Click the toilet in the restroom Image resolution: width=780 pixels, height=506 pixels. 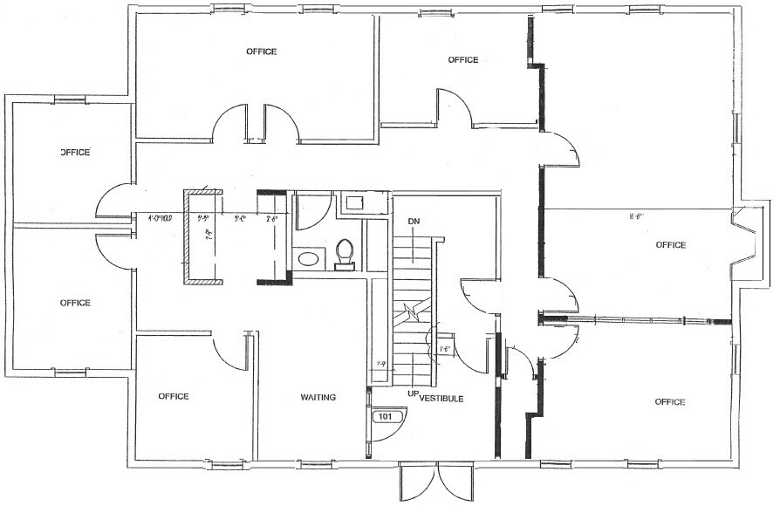(x=346, y=252)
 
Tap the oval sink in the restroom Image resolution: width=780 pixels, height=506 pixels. (x=308, y=258)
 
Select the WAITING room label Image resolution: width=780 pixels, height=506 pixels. (x=318, y=398)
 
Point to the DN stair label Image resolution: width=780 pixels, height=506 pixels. (x=414, y=222)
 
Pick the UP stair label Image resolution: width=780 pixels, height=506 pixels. (x=412, y=394)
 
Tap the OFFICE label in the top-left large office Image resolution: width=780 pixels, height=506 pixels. (x=261, y=51)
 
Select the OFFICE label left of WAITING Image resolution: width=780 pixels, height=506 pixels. (x=174, y=396)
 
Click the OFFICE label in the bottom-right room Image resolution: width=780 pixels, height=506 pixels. (x=669, y=402)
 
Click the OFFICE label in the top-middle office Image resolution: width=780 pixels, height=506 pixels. (x=462, y=60)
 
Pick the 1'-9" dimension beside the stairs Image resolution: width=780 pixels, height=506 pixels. (x=380, y=364)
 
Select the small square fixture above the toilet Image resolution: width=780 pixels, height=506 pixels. (x=355, y=203)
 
